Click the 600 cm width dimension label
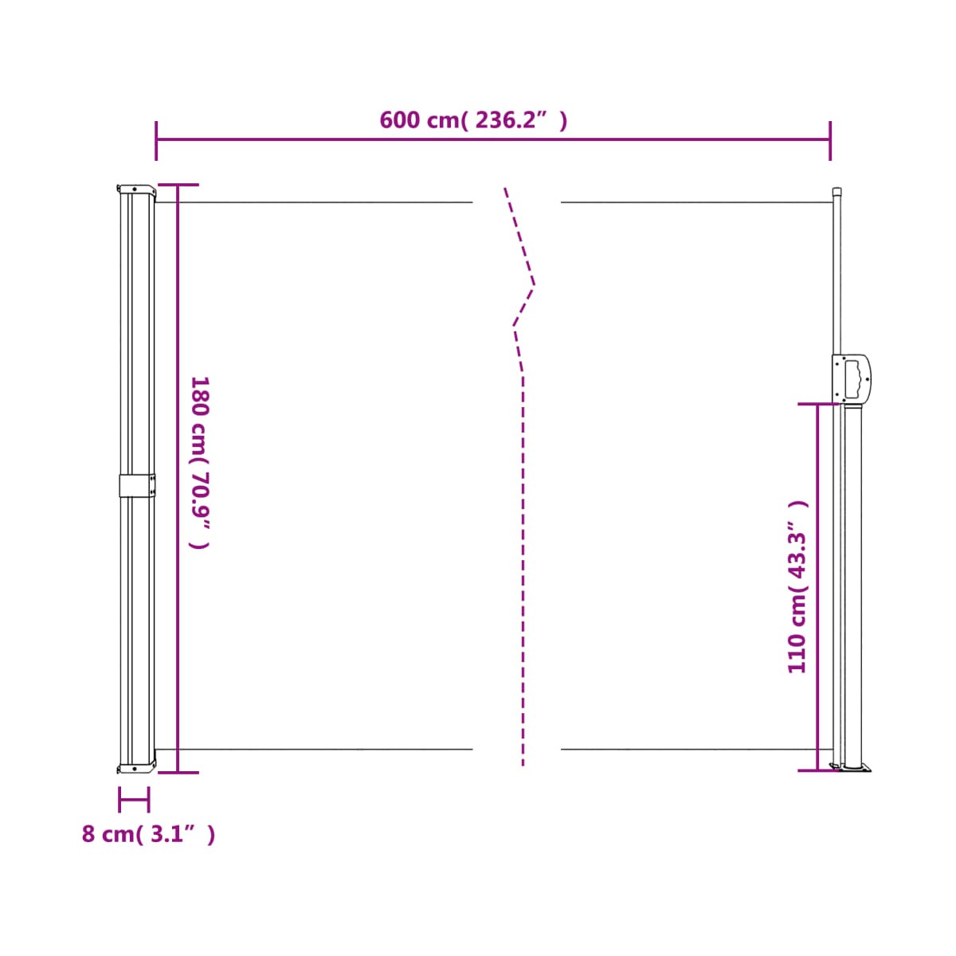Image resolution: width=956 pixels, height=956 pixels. pyautogui.click(x=472, y=120)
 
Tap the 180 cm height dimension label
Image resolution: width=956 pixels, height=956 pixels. pyautogui.click(x=201, y=463)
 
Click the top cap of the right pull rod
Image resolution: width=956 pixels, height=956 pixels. pyautogui.click(x=837, y=191)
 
